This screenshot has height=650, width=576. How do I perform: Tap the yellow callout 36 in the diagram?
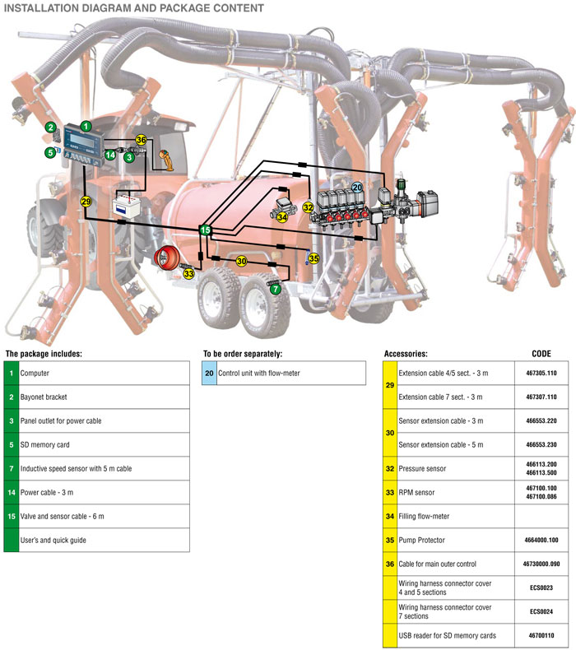141,140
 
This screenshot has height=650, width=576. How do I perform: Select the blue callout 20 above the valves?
357,188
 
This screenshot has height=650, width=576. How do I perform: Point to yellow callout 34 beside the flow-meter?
282,217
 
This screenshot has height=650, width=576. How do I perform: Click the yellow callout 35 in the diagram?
314,258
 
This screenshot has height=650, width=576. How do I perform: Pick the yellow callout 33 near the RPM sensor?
188,273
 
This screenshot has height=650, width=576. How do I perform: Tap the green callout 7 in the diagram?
276,290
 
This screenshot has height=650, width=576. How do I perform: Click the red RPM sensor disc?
168,258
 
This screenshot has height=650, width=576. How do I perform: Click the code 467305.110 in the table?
541,373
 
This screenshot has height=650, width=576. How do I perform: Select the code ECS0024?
541,611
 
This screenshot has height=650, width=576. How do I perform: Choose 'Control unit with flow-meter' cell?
259,373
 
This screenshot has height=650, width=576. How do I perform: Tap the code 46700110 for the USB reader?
541,636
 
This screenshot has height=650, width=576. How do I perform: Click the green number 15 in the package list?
12,516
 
